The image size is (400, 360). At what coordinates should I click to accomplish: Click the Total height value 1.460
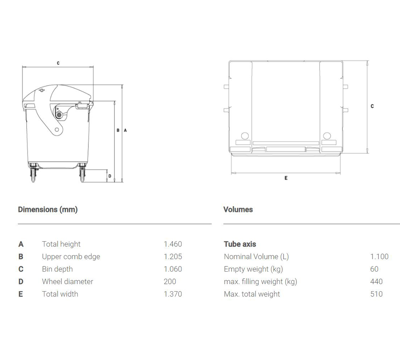[173, 244]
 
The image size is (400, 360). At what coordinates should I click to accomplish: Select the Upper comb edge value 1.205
[173, 257]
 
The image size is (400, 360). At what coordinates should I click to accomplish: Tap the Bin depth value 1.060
[173, 269]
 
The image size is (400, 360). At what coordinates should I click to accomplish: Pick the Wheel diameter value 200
[170, 282]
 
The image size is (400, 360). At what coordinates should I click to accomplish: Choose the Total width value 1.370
[173, 294]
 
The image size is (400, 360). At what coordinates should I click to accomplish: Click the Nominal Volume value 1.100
[379, 257]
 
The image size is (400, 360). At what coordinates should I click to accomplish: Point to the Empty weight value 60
[374, 269]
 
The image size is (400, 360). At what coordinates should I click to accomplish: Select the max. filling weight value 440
[376, 282]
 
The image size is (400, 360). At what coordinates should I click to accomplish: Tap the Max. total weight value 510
[376, 294]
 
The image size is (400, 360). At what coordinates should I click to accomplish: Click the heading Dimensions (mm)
[48, 210]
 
